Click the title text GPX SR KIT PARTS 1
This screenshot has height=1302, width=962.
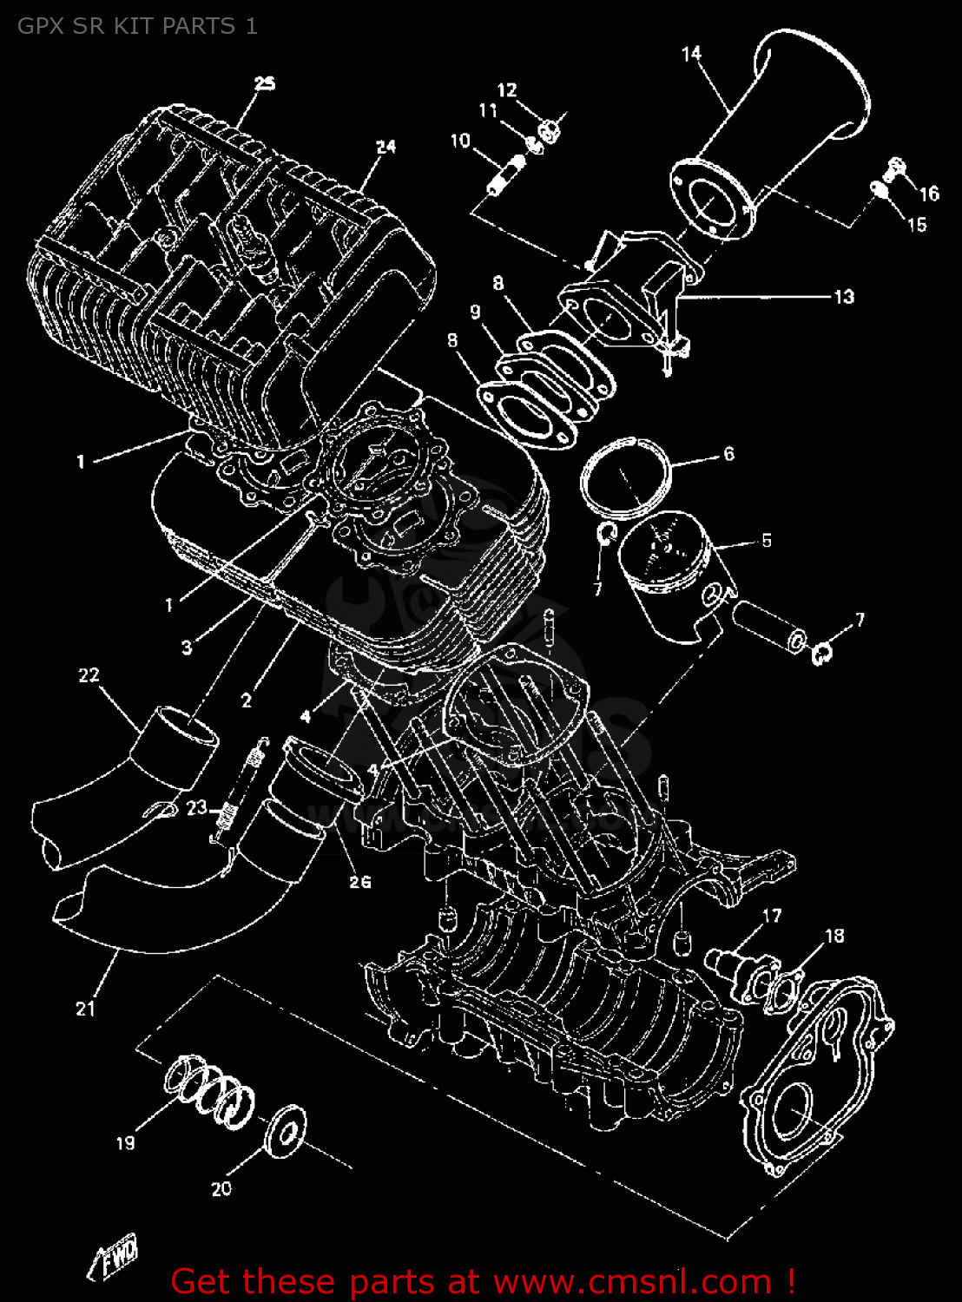137,26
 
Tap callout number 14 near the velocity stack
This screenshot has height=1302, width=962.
691,55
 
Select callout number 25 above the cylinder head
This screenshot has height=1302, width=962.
264,83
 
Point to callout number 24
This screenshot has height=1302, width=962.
385,147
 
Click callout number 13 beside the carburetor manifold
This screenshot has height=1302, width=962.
844,297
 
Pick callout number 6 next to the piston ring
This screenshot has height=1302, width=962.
728,453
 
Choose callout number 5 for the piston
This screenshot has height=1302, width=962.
766,541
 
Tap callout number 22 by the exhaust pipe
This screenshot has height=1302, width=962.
89,674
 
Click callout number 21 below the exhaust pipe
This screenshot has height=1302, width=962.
85,1009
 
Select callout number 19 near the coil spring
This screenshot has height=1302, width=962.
126,1143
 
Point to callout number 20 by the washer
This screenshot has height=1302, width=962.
221,1188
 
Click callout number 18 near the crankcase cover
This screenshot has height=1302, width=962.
834,936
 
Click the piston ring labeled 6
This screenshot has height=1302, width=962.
626,477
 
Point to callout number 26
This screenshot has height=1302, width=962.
360,882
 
